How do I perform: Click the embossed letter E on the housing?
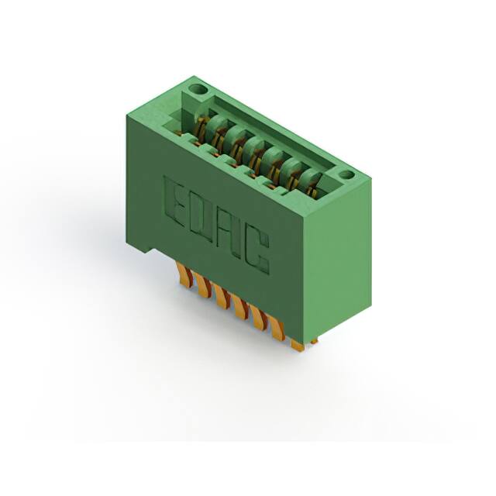coord(174,201)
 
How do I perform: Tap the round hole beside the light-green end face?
coord(347,174)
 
